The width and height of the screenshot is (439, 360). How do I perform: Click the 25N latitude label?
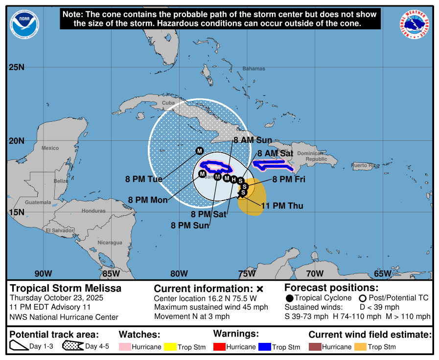click(x=17, y=67)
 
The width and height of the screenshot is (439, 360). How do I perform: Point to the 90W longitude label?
click(x=43, y=273)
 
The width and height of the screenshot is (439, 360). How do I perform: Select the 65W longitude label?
click(x=382, y=273)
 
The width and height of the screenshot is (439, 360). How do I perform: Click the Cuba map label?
click(x=168, y=103)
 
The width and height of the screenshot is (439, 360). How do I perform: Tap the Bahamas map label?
click(x=254, y=69)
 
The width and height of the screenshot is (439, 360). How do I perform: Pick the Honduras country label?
click(x=93, y=211)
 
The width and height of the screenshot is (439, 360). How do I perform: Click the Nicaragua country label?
click(x=110, y=243)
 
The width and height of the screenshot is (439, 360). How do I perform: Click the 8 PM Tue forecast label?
click(x=143, y=180)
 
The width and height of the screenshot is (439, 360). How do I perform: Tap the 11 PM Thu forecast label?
click(x=282, y=206)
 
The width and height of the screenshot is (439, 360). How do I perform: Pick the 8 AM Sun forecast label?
click(x=253, y=140)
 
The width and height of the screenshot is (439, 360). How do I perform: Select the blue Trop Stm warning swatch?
click(x=265, y=347)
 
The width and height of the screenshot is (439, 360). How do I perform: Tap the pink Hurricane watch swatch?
click(x=125, y=347)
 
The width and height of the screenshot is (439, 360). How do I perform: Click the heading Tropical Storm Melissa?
click(x=66, y=289)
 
